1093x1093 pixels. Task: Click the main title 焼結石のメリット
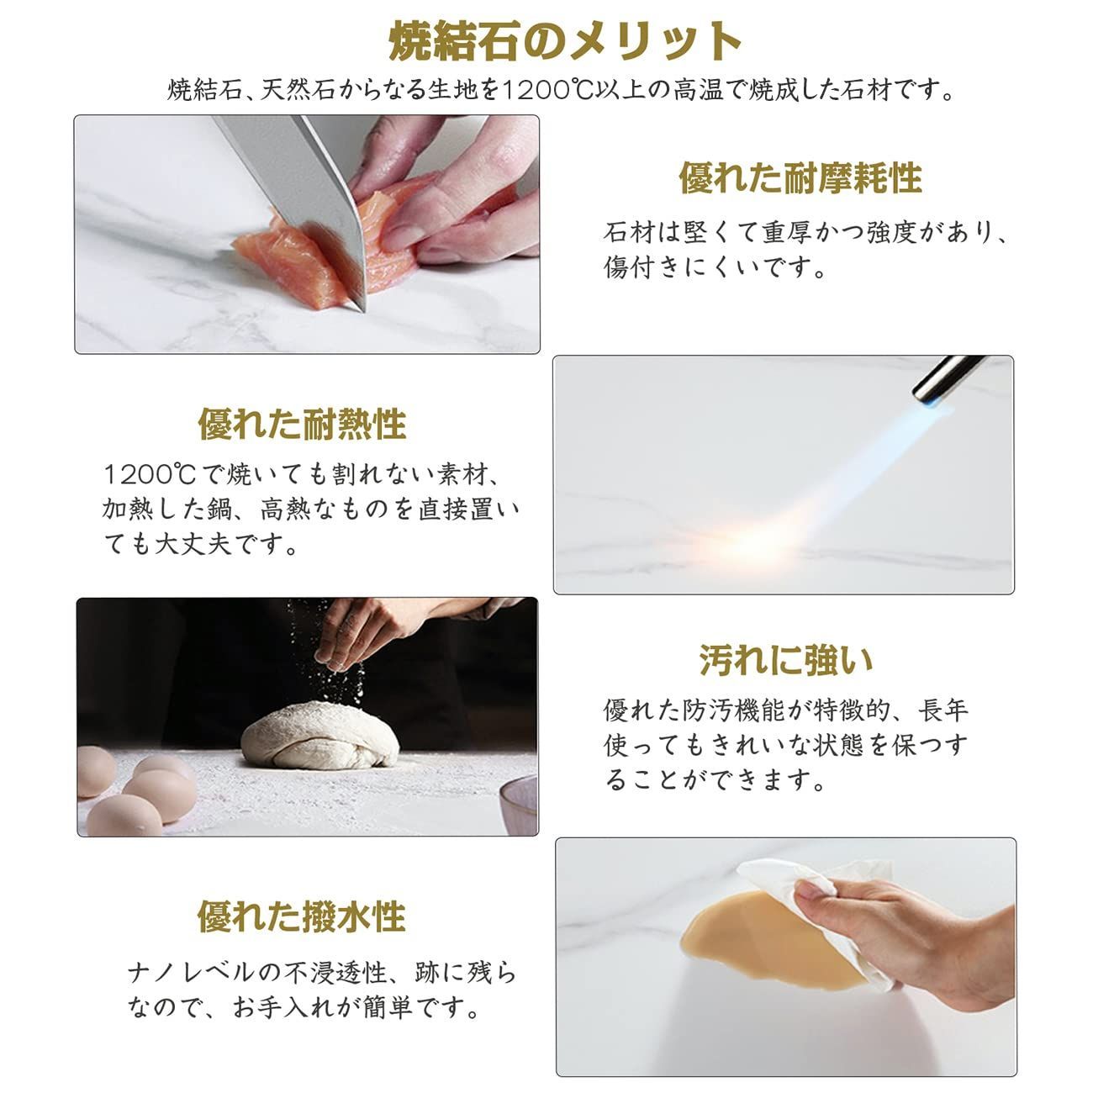[x=564, y=41]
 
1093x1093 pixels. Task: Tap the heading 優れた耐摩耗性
[x=800, y=178]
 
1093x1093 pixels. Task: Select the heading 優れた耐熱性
[x=302, y=424]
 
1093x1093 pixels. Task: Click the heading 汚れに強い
[x=786, y=661]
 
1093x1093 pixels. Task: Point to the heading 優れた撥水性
[x=302, y=916]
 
